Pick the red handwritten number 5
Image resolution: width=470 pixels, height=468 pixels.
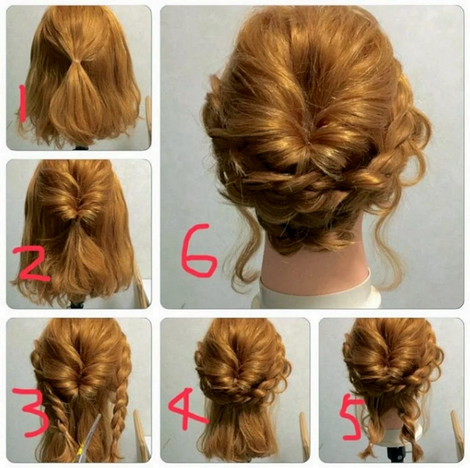[x=351, y=417]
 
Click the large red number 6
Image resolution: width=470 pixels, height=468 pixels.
[x=198, y=250]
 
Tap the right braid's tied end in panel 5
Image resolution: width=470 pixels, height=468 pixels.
[x=415, y=451]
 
